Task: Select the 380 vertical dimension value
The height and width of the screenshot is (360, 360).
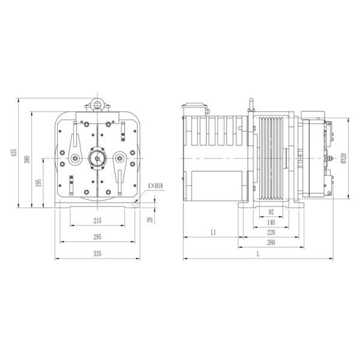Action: [26, 160]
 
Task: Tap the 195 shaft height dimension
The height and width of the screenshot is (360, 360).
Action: [39, 182]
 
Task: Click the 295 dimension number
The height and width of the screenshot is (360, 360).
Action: [97, 238]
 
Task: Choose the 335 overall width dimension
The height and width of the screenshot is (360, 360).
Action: [97, 254]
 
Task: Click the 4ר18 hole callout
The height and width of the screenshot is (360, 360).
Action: [155, 187]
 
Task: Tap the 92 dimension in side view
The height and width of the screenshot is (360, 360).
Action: [271, 212]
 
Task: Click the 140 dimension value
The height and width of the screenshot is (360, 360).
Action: [271, 222]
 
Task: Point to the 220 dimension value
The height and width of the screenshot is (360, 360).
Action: [271, 232]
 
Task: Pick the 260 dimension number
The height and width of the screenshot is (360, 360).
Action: [271, 242]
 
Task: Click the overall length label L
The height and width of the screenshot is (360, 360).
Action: [258, 254]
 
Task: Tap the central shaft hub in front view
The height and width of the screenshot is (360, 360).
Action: [97, 159]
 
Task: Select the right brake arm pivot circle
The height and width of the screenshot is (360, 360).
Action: [119, 158]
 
